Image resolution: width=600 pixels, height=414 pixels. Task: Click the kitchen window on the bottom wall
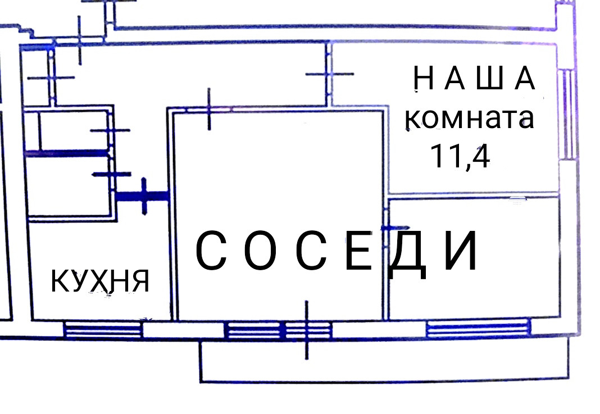point(102,329)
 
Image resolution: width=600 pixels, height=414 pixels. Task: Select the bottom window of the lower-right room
point(478,328)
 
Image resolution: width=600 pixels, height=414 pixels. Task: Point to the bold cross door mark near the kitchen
point(144,195)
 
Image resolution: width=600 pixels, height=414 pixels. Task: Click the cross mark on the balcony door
point(307,330)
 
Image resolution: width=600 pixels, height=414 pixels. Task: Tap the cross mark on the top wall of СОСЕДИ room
point(209,110)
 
